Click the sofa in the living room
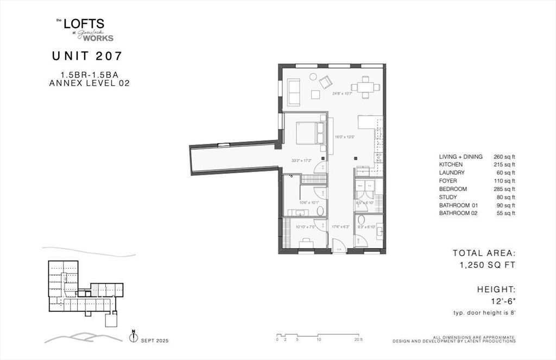(x=293, y=92)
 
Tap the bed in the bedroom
(x=310, y=133)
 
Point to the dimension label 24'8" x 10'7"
(x=343, y=93)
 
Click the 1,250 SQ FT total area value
(x=485, y=265)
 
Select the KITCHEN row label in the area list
(x=451, y=165)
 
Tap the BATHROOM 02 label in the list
(x=459, y=213)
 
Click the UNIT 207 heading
(x=87, y=55)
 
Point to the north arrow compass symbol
(x=133, y=337)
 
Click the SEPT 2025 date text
(x=155, y=340)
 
